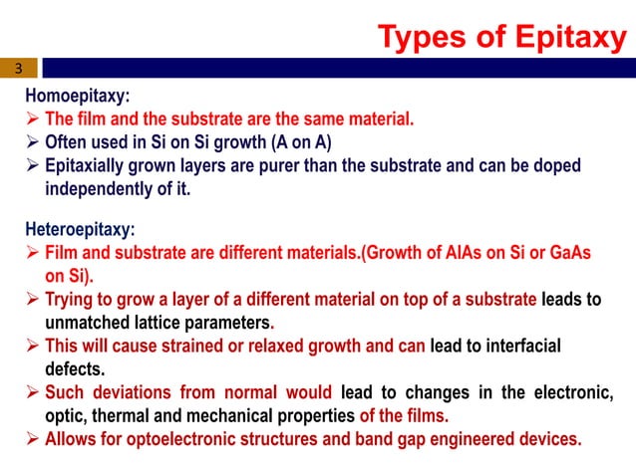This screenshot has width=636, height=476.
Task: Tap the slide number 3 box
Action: pyautogui.click(x=18, y=69)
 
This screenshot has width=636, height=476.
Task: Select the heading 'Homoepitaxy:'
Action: pyautogui.click(x=78, y=98)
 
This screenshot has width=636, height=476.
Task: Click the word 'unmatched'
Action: pyautogui.click(x=87, y=323)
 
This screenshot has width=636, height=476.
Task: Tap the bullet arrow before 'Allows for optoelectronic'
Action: pyautogui.click(x=33, y=437)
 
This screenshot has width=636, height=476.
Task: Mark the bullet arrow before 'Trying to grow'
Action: pyautogui.click(x=33, y=300)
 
